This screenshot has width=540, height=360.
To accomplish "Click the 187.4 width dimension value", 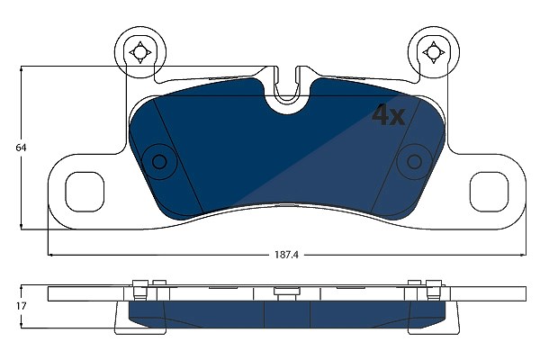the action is [286, 255].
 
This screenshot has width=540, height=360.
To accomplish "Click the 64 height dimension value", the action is [21, 148].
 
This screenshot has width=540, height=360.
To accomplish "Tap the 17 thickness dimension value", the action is [21, 306].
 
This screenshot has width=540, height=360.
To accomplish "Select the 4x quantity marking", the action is [388, 115].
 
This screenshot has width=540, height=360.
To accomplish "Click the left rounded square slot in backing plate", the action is [85, 192].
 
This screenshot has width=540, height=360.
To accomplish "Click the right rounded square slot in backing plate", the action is [489, 192].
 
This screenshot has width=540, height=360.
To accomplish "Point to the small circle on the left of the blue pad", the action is [159, 161].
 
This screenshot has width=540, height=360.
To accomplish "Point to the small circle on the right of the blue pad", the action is [414, 161].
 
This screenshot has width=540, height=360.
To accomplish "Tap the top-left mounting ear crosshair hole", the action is [139, 53].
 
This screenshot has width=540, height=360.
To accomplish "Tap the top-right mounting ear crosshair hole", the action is [433, 53].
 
